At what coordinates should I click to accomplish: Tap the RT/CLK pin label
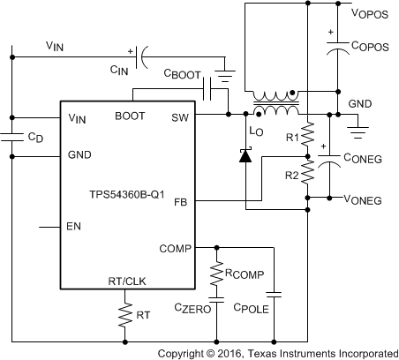[125, 281]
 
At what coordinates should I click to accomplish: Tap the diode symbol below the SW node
[245, 157]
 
